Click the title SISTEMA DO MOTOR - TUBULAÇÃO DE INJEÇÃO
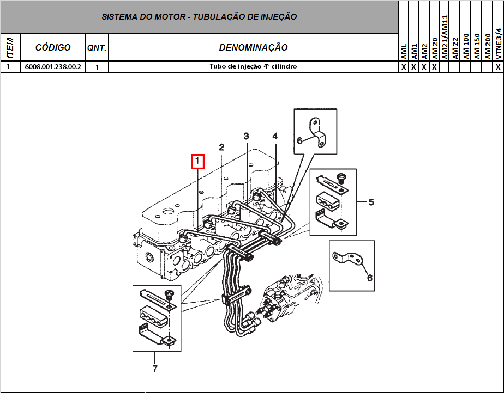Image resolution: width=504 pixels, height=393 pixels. [199, 17]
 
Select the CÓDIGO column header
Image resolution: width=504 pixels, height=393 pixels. [53, 47]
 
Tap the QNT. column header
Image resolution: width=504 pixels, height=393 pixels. [97, 48]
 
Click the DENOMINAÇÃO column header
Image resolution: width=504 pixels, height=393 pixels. [253, 48]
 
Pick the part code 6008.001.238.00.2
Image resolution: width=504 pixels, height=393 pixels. [53, 67]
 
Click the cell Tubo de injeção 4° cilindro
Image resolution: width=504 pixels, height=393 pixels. [253, 67]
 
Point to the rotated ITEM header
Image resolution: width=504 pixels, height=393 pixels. [9, 47]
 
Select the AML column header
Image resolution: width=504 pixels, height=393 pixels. [404, 52]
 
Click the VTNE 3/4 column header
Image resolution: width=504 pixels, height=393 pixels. [498, 44]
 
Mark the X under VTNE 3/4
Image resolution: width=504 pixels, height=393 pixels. [498, 67]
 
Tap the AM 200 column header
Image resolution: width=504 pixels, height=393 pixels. [488, 46]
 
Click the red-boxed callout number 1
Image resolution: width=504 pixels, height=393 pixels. [197, 162]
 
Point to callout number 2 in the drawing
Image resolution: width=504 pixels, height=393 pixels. [221, 147]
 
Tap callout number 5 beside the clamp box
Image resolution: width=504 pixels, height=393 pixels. [371, 202]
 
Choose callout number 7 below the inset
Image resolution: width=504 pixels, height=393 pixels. [155, 369]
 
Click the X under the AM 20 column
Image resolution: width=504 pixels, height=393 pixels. [435, 67]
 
